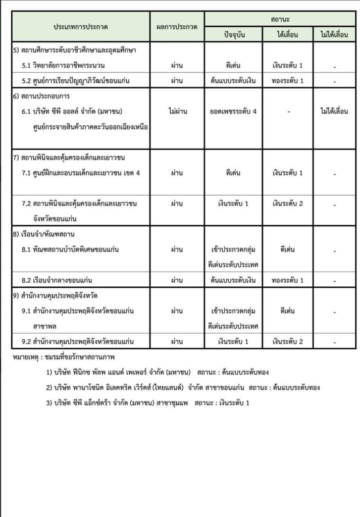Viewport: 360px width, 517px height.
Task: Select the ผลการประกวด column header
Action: click(177, 26)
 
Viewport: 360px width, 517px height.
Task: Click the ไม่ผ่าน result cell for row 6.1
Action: click(177, 111)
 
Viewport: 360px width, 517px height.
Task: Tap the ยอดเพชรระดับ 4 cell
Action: click(234, 111)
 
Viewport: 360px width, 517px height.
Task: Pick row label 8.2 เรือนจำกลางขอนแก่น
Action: click(60, 280)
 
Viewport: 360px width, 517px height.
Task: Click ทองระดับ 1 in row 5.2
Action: click(287, 81)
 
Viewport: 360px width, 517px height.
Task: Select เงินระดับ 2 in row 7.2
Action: click(287, 203)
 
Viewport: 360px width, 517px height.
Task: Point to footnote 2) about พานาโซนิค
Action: click(182, 388)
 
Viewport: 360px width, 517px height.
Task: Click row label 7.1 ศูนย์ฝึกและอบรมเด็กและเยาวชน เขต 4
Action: click(81, 173)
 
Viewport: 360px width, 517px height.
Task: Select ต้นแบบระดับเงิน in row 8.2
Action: click(234, 280)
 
